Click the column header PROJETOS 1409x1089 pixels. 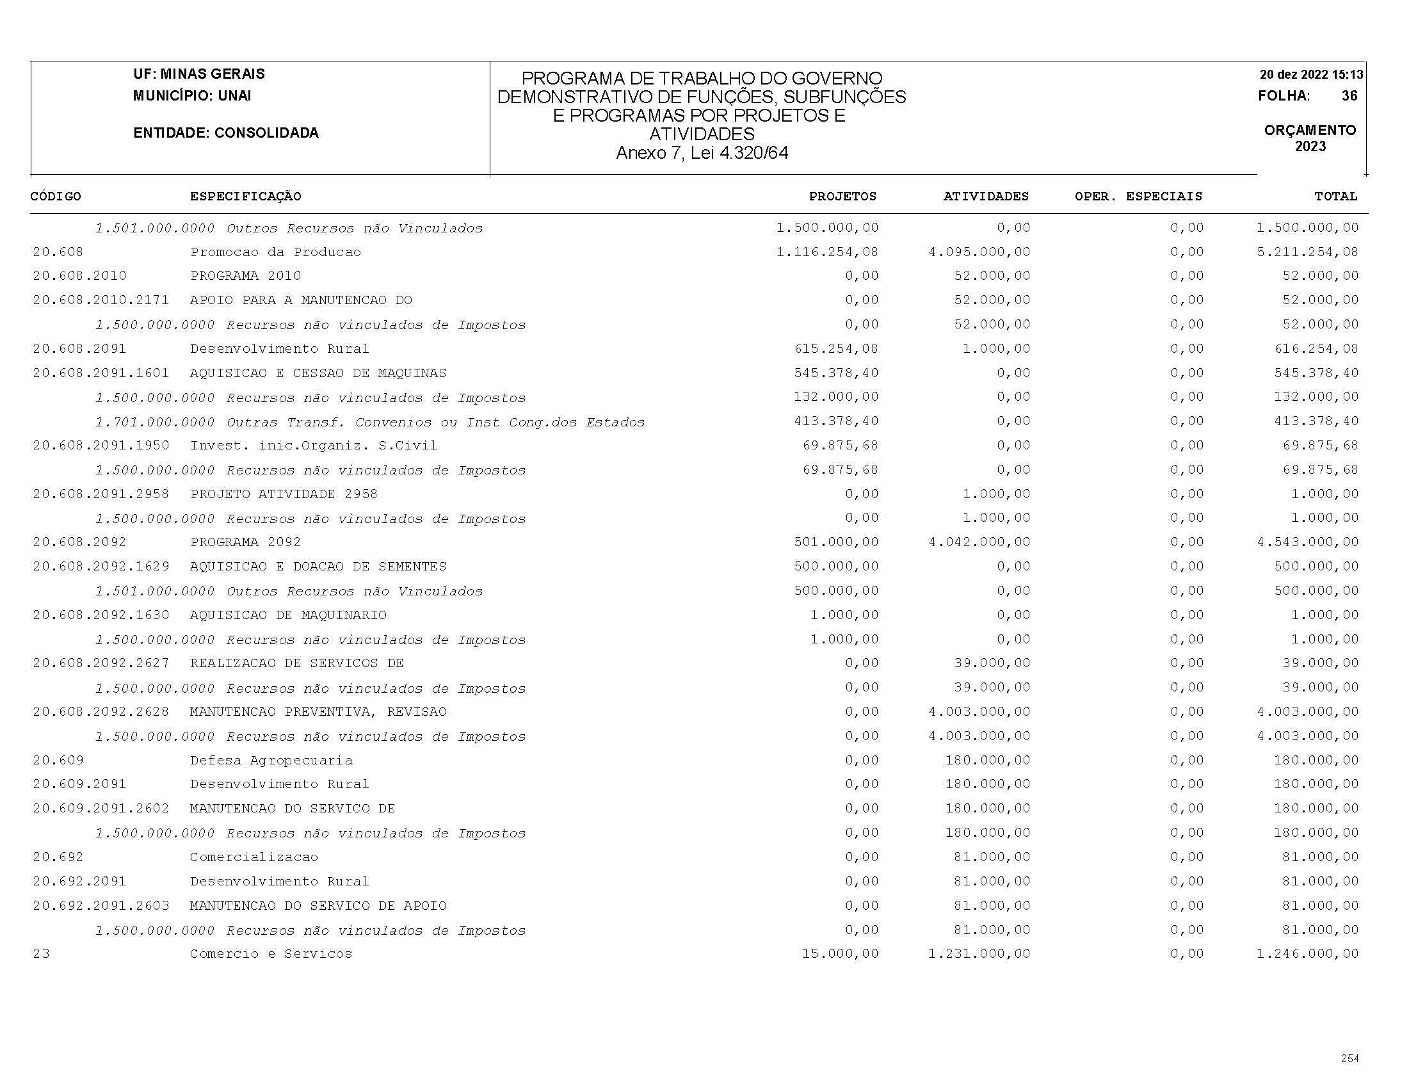[x=842, y=196]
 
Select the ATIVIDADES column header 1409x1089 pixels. [x=986, y=196]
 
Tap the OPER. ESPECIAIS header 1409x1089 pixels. [x=1138, y=196]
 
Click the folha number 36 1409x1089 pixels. [x=1349, y=96]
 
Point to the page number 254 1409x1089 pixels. [x=1349, y=1058]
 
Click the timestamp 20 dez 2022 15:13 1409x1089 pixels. [x=1311, y=74]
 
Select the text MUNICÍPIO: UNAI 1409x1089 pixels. [x=192, y=96]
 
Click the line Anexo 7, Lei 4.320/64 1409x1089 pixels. [x=702, y=153]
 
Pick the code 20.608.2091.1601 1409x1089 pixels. [x=101, y=373]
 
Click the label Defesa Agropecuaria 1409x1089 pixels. [x=271, y=761]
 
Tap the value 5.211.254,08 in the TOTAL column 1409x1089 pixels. [x=1307, y=252]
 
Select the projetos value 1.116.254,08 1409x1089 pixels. [x=827, y=252]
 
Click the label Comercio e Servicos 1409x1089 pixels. [x=271, y=954]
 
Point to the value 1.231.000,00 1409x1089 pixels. [x=979, y=954]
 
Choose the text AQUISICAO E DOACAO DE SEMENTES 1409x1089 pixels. [x=318, y=567]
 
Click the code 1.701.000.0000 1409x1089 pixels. [x=155, y=423]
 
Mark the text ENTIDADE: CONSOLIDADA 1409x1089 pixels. [x=226, y=133]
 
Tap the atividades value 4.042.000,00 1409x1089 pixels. [x=979, y=542]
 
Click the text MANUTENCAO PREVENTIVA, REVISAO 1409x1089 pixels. [x=318, y=711]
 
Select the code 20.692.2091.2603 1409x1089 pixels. [x=101, y=906]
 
